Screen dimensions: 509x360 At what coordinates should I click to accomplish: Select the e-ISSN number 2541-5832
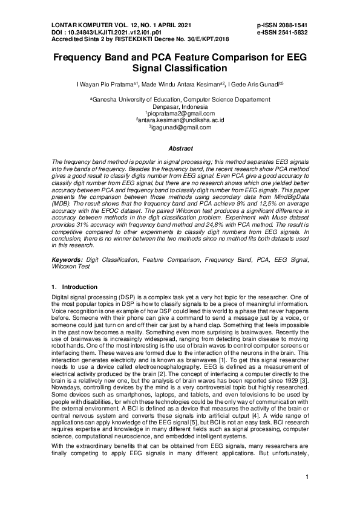click(303, 31)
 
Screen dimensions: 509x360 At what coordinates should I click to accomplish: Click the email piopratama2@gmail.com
click(180, 113)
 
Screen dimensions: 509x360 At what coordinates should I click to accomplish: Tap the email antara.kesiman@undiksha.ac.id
click(180, 120)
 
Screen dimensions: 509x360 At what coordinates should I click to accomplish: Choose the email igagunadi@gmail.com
click(180, 128)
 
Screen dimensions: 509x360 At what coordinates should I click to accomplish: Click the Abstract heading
click(180, 148)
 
